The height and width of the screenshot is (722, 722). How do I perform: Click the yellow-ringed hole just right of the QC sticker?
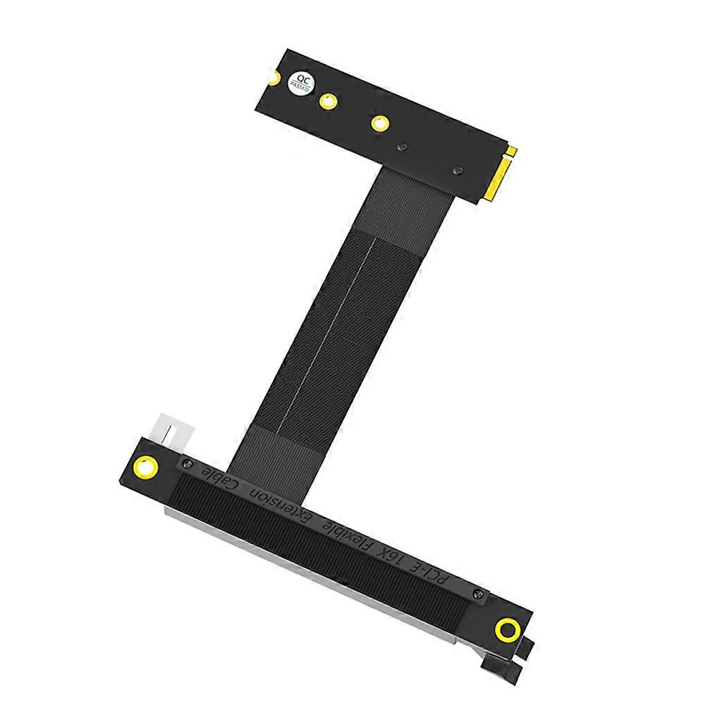coord(326,102)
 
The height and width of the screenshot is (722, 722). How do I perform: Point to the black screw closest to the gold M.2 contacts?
coord(457,170)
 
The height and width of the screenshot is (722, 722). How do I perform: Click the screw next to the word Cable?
coord(188,463)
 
